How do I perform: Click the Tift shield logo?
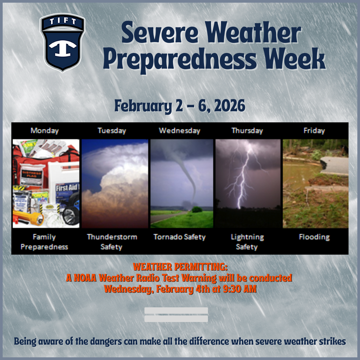coord(63,42)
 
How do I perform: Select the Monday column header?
coord(45,131)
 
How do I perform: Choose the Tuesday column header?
coord(112,131)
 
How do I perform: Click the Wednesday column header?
coord(179,131)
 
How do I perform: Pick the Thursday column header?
coord(247,131)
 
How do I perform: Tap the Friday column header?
coord(314,131)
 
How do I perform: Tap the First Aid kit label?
coord(67,187)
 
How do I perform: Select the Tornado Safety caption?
coord(179,237)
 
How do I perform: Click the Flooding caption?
coord(314,237)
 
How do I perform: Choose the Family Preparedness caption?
coord(44,242)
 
